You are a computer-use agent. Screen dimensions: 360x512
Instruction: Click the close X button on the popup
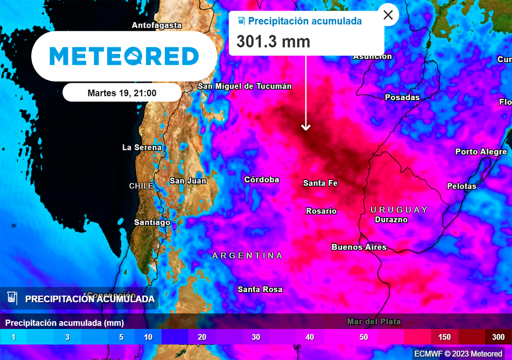coord(388,15)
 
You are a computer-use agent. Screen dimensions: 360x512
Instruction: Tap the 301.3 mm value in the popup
coord(273,41)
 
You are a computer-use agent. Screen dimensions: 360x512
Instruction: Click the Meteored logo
coord(124,56)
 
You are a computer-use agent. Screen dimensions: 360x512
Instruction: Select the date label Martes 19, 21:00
coord(122,93)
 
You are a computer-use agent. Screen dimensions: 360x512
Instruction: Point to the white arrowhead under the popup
coord(305,127)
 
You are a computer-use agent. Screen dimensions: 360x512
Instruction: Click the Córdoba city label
coord(261,179)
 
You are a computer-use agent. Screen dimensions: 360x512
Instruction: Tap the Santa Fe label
coord(320,183)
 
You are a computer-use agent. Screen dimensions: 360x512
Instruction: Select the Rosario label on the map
coord(321,211)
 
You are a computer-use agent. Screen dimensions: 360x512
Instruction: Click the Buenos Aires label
coord(359,247)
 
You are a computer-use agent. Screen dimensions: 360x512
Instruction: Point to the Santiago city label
coord(152,222)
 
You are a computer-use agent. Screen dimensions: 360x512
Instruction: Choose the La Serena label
coord(142,147)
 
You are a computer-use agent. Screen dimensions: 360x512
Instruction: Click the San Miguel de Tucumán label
coord(244,86)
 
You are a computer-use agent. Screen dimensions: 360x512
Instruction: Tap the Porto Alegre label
coord(480,151)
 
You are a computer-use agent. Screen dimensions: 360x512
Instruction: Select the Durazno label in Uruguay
coord(391,219)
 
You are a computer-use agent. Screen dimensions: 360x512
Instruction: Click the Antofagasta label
coord(156,25)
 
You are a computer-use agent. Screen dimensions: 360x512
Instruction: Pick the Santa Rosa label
coord(260,289)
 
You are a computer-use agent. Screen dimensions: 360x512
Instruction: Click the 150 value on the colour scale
coord(444,337)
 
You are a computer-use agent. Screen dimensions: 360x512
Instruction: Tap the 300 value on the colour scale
coord(498,337)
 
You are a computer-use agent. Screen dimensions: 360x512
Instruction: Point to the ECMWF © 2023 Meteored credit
coord(458,354)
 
